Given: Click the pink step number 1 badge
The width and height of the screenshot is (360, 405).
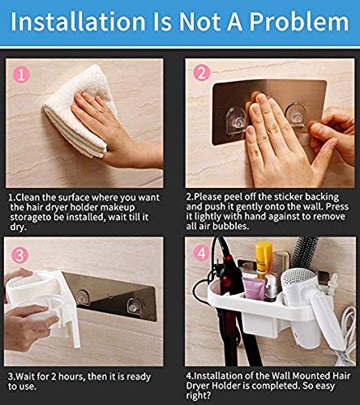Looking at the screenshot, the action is point(21,75).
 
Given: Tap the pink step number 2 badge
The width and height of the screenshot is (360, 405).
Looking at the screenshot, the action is point(202,73).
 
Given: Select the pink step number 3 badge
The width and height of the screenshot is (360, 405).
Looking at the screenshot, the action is point(19,255).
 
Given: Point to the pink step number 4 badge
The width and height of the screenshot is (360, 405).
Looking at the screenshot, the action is point(202,253).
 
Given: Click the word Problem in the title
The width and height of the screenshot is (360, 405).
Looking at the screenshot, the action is point(299,23).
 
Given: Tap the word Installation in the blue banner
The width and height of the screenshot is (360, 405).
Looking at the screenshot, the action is point(78,22).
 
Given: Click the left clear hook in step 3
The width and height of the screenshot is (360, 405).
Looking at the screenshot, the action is point(82,297).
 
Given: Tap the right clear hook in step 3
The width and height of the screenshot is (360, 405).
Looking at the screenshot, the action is point(134,307).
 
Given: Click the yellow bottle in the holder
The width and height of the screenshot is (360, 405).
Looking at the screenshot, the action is point(264,258).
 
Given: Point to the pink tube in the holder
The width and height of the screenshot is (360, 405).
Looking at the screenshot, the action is point(254,288).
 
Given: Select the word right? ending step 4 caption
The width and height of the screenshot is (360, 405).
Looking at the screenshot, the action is point(199,396).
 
